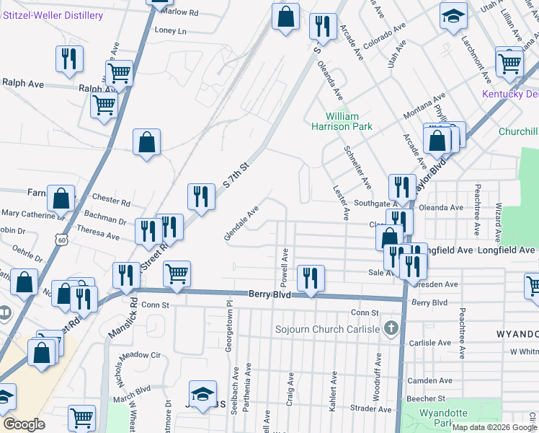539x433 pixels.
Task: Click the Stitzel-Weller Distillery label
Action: (x=52, y=15)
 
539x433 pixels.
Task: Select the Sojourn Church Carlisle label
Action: (x=327, y=329)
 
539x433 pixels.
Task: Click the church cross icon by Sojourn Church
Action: (x=391, y=329)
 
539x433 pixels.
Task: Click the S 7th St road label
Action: (x=236, y=175)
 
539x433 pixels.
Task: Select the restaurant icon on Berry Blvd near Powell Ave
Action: (x=311, y=279)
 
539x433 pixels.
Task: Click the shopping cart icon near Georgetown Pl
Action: (x=177, y=274)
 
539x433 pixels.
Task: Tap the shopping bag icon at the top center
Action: (x=285, y=17)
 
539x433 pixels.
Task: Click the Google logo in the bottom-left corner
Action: (x=24, y=424)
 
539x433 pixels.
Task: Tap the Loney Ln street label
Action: (x=170, y=31)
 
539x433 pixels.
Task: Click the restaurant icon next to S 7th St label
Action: (x=200, y=196)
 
